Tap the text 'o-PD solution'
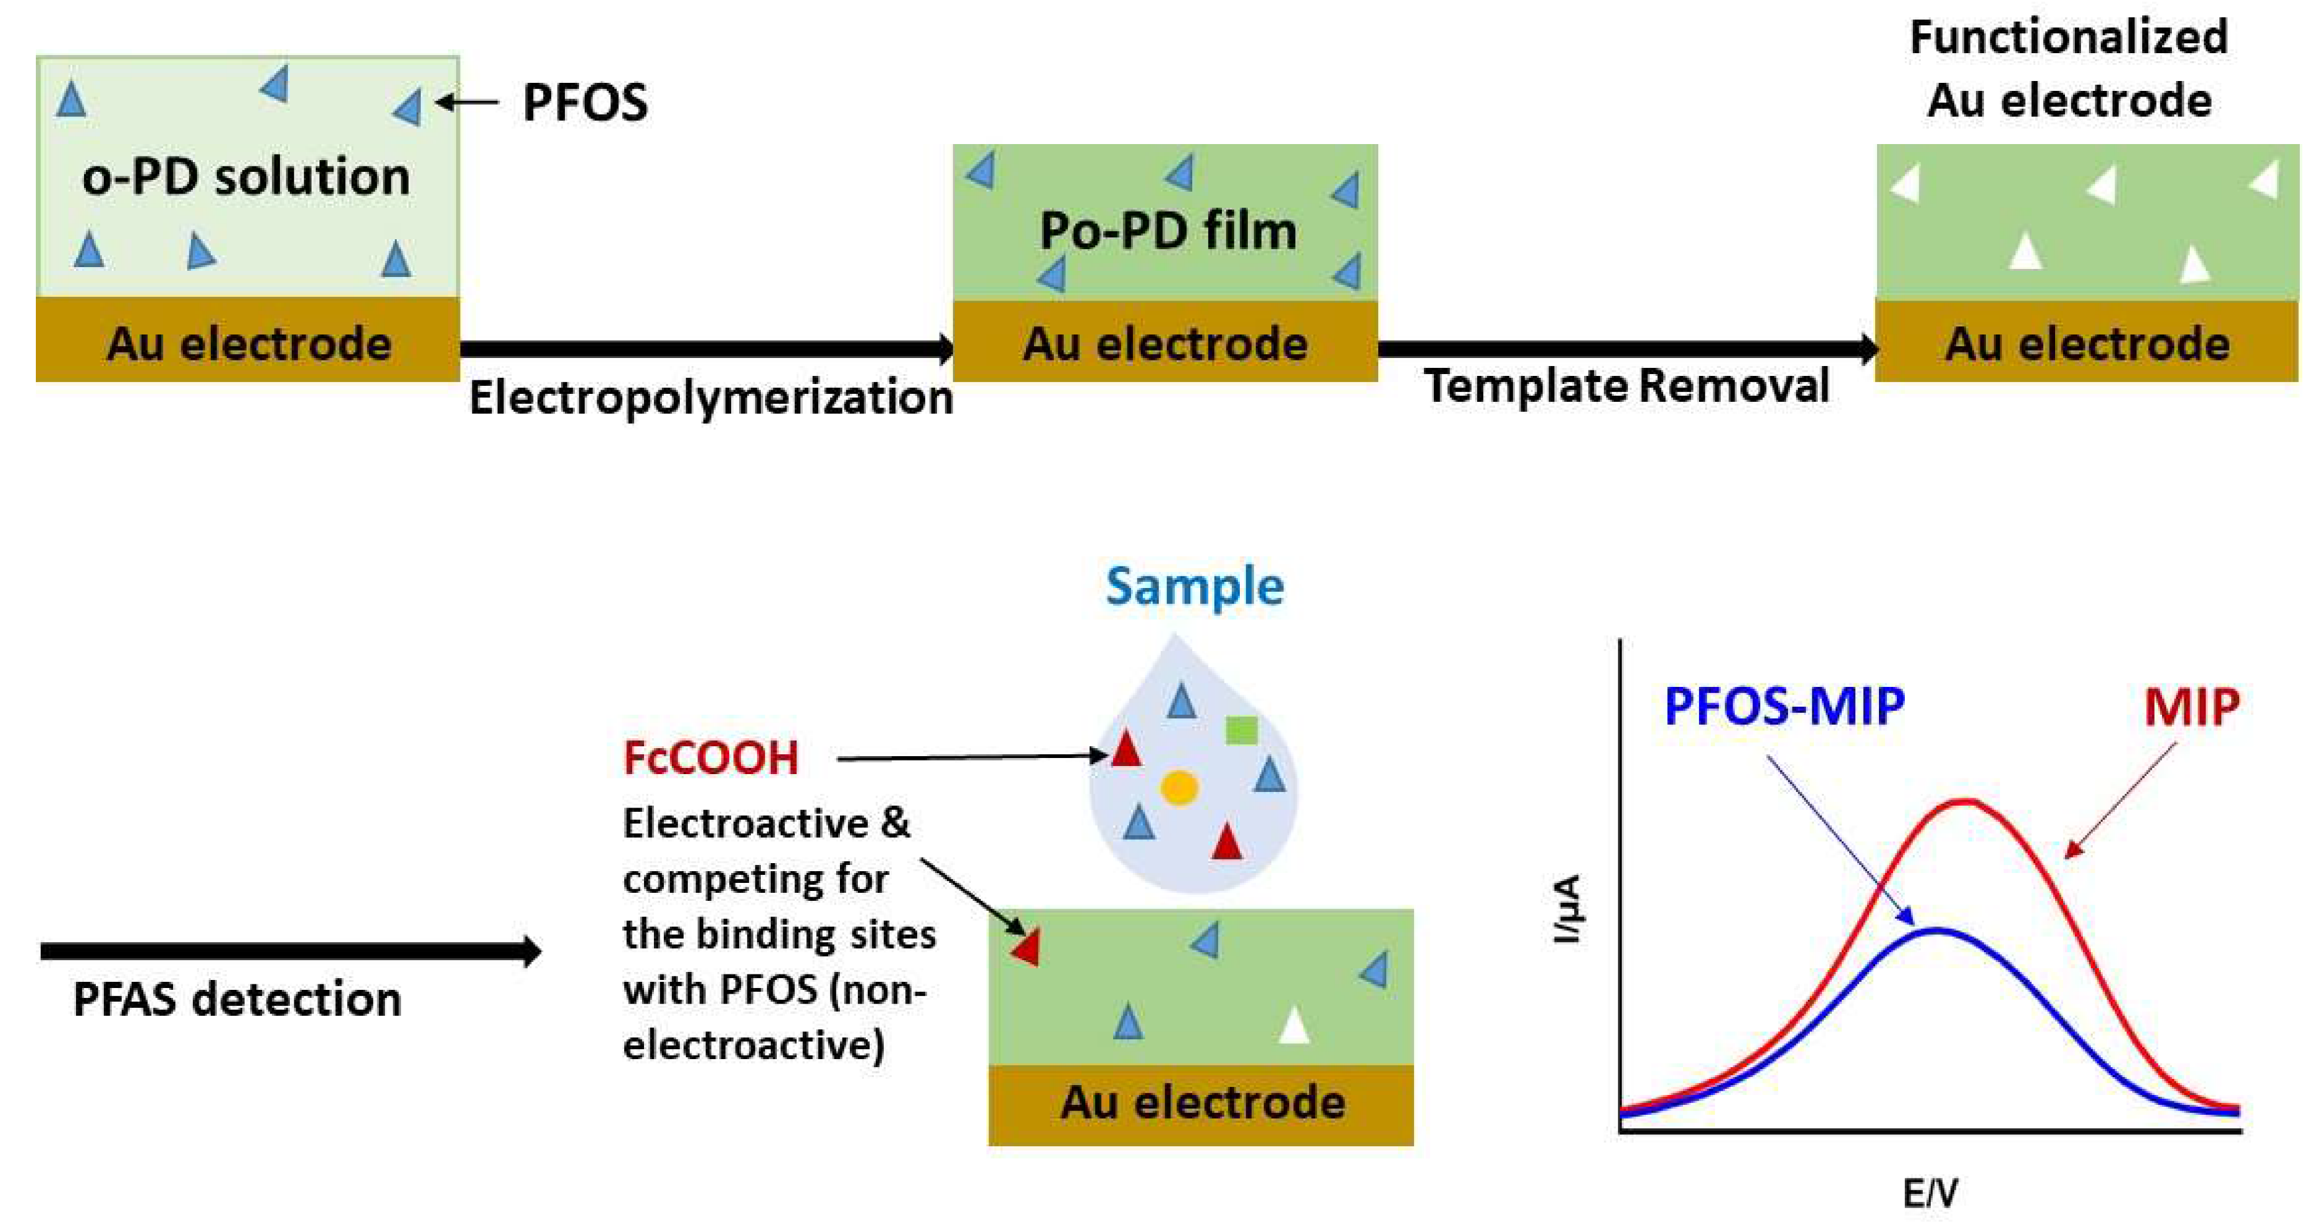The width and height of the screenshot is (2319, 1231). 246,176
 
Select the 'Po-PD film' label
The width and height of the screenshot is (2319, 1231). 1168,231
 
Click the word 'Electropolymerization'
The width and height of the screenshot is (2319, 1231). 710,397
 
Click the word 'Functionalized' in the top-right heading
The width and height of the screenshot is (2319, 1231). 2069,38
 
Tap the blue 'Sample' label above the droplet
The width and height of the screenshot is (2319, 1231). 1195,586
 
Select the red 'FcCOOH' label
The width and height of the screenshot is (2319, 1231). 710,757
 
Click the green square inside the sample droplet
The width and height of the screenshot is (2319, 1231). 1242,730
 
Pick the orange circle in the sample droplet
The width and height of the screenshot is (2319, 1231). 1179,787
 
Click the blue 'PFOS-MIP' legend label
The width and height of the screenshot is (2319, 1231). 1784,706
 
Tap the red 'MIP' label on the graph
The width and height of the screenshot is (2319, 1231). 2191,707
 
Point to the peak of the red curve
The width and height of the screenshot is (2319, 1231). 1966,801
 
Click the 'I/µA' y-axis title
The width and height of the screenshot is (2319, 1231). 1566,909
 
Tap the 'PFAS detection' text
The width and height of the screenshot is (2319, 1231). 237,1000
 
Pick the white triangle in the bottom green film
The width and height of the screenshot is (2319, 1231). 1294,1026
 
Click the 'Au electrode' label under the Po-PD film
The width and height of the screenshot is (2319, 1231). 1165,343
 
